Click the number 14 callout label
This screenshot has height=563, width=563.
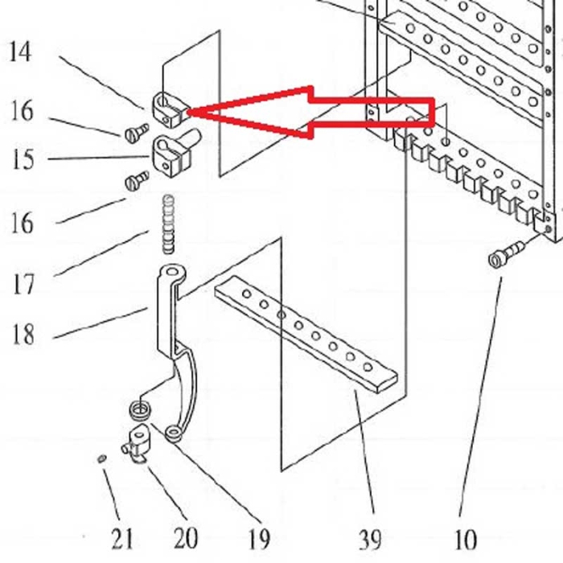pyautogui.click(x=21, y=53)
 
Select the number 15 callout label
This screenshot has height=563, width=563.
pyautogui.click(x=23, y=159)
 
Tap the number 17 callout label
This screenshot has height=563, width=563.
pyautogui.click(x=23, y=283)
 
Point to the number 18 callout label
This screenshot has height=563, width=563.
pyautogui.click(x=23, y=332)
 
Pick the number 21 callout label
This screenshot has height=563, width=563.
pyautogui.click(x=121, y=536)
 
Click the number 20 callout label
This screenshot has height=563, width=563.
pyautogui.click(x=186, y=536)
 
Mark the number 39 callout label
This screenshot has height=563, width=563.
pyautogui.click(x=371, y=537)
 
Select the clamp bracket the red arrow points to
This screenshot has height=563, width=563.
pyautogui.click(x=167, y=109)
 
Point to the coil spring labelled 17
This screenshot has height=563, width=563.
pyautogui.click(x=166, y=223)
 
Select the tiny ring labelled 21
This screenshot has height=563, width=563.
pyautogui.click(x=101, y=458)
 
